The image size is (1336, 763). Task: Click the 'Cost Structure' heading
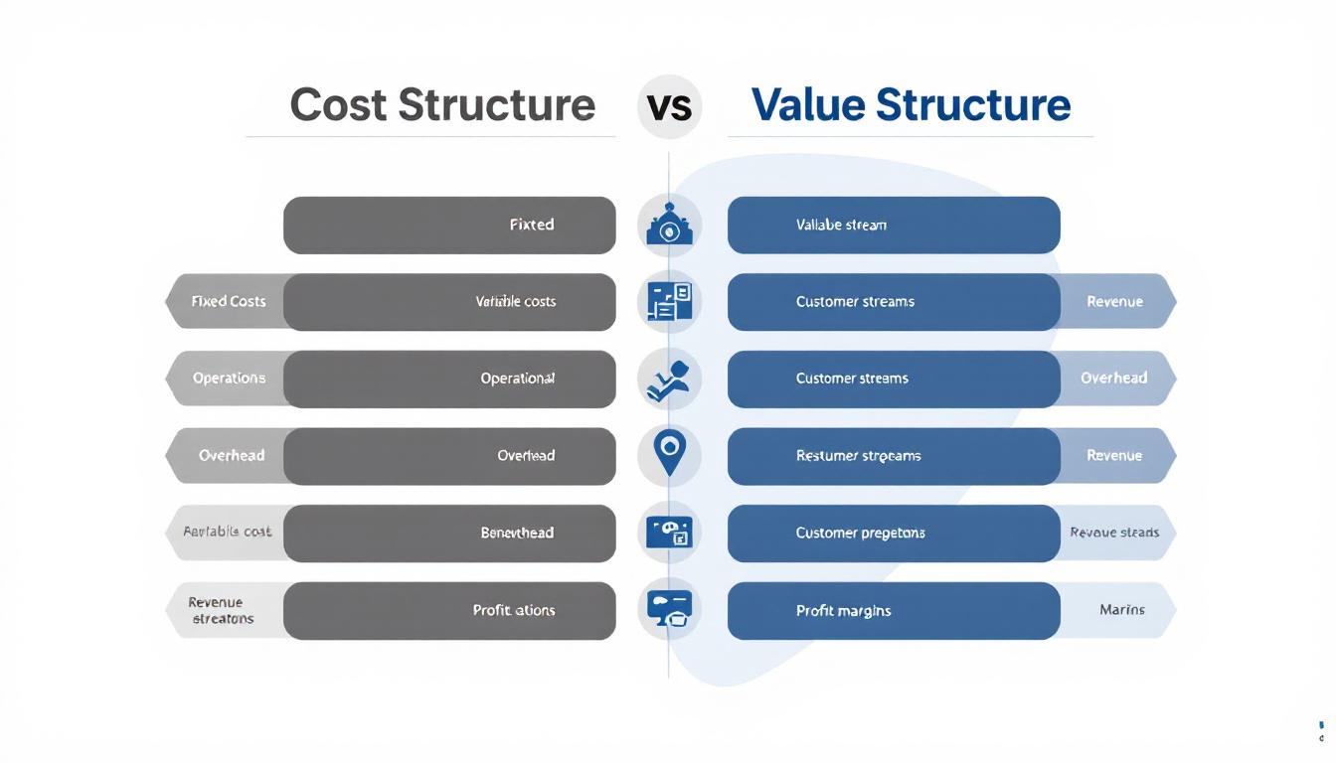(442, 105)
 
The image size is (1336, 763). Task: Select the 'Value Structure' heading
(911, 105)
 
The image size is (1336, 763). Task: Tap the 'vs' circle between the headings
(669, 106)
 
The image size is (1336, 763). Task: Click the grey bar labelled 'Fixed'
(449, 225)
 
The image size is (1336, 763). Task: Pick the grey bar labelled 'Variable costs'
(449, 302)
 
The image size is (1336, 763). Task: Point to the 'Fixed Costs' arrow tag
(228, 302)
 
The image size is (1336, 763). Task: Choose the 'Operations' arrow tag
(228, 379)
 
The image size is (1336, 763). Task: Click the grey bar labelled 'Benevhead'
(449, 534)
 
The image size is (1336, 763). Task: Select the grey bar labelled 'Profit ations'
(449, 611)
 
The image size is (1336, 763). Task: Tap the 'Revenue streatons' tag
(222, 610)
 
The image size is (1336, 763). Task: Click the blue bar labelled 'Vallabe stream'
(894, 225)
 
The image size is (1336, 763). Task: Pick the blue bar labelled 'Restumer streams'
(894, 456)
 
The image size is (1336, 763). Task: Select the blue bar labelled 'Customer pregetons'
(894, 534)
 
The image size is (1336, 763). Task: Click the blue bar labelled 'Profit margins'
(894, 611)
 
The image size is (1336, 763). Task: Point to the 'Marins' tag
(1120, 610)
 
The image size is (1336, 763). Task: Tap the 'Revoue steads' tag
(1115, 534)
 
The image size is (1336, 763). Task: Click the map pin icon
(669, 454)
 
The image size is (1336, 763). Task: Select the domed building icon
(669, 225)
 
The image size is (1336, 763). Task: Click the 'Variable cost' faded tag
(227, 533)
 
